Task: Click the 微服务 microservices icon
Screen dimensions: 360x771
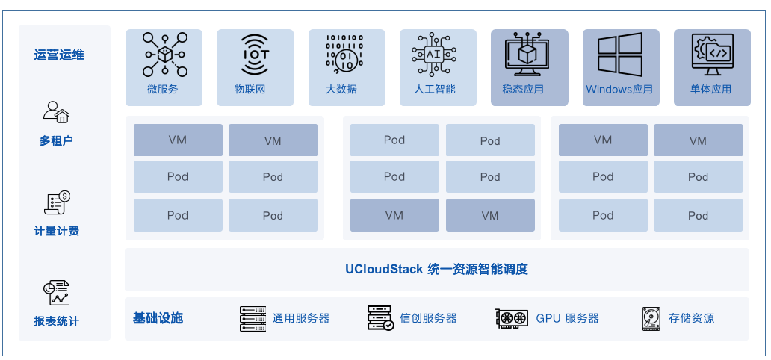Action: [x=164, y=55]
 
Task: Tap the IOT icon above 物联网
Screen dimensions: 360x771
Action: [x=255, y=55]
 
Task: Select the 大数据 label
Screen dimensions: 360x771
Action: [x=346, y=90]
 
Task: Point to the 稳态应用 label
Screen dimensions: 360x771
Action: [x=529, y=90]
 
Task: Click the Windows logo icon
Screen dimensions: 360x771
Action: [x=620, y=55]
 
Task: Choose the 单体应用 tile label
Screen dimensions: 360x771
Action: [x=712, y=90]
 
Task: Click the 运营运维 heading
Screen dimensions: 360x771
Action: [x=59, y=55]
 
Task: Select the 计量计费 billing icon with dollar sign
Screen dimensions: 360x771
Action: [x=58, y=202]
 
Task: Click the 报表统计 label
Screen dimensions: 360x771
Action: [x=56, y=321]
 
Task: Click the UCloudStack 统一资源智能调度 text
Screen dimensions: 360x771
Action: [x=436, y=269]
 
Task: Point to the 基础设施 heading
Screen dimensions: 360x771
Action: [x=158, y=318]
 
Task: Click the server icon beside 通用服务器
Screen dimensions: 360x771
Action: [x=253, y=318]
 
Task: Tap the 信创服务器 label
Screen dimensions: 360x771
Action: [x=428, y=318]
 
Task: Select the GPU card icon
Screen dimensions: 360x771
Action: [x=512, y=318]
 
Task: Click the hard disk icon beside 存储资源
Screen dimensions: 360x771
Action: [x=651, y=318]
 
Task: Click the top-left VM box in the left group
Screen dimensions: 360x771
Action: [x=178, y=140]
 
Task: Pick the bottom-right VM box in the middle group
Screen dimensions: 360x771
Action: [x=490, y=215]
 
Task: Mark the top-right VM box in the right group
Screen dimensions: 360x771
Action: [x=698, y=140]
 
